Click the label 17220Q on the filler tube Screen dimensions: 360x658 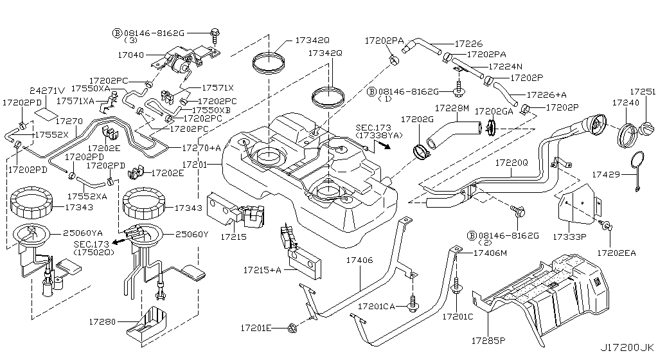511,163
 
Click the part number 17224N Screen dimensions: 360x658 505,66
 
